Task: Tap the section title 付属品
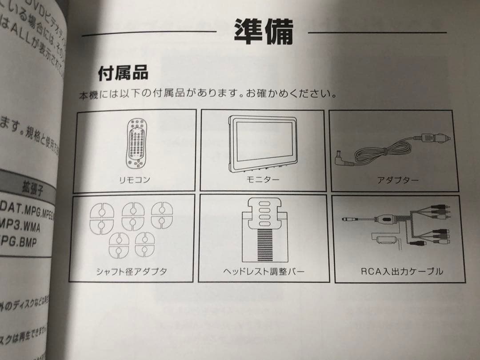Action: tap(123, 72)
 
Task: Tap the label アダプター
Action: tap(397, 180)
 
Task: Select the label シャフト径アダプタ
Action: tap(132, 271)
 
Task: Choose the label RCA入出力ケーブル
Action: tap(402, 271)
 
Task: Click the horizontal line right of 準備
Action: tap(377, 32)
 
